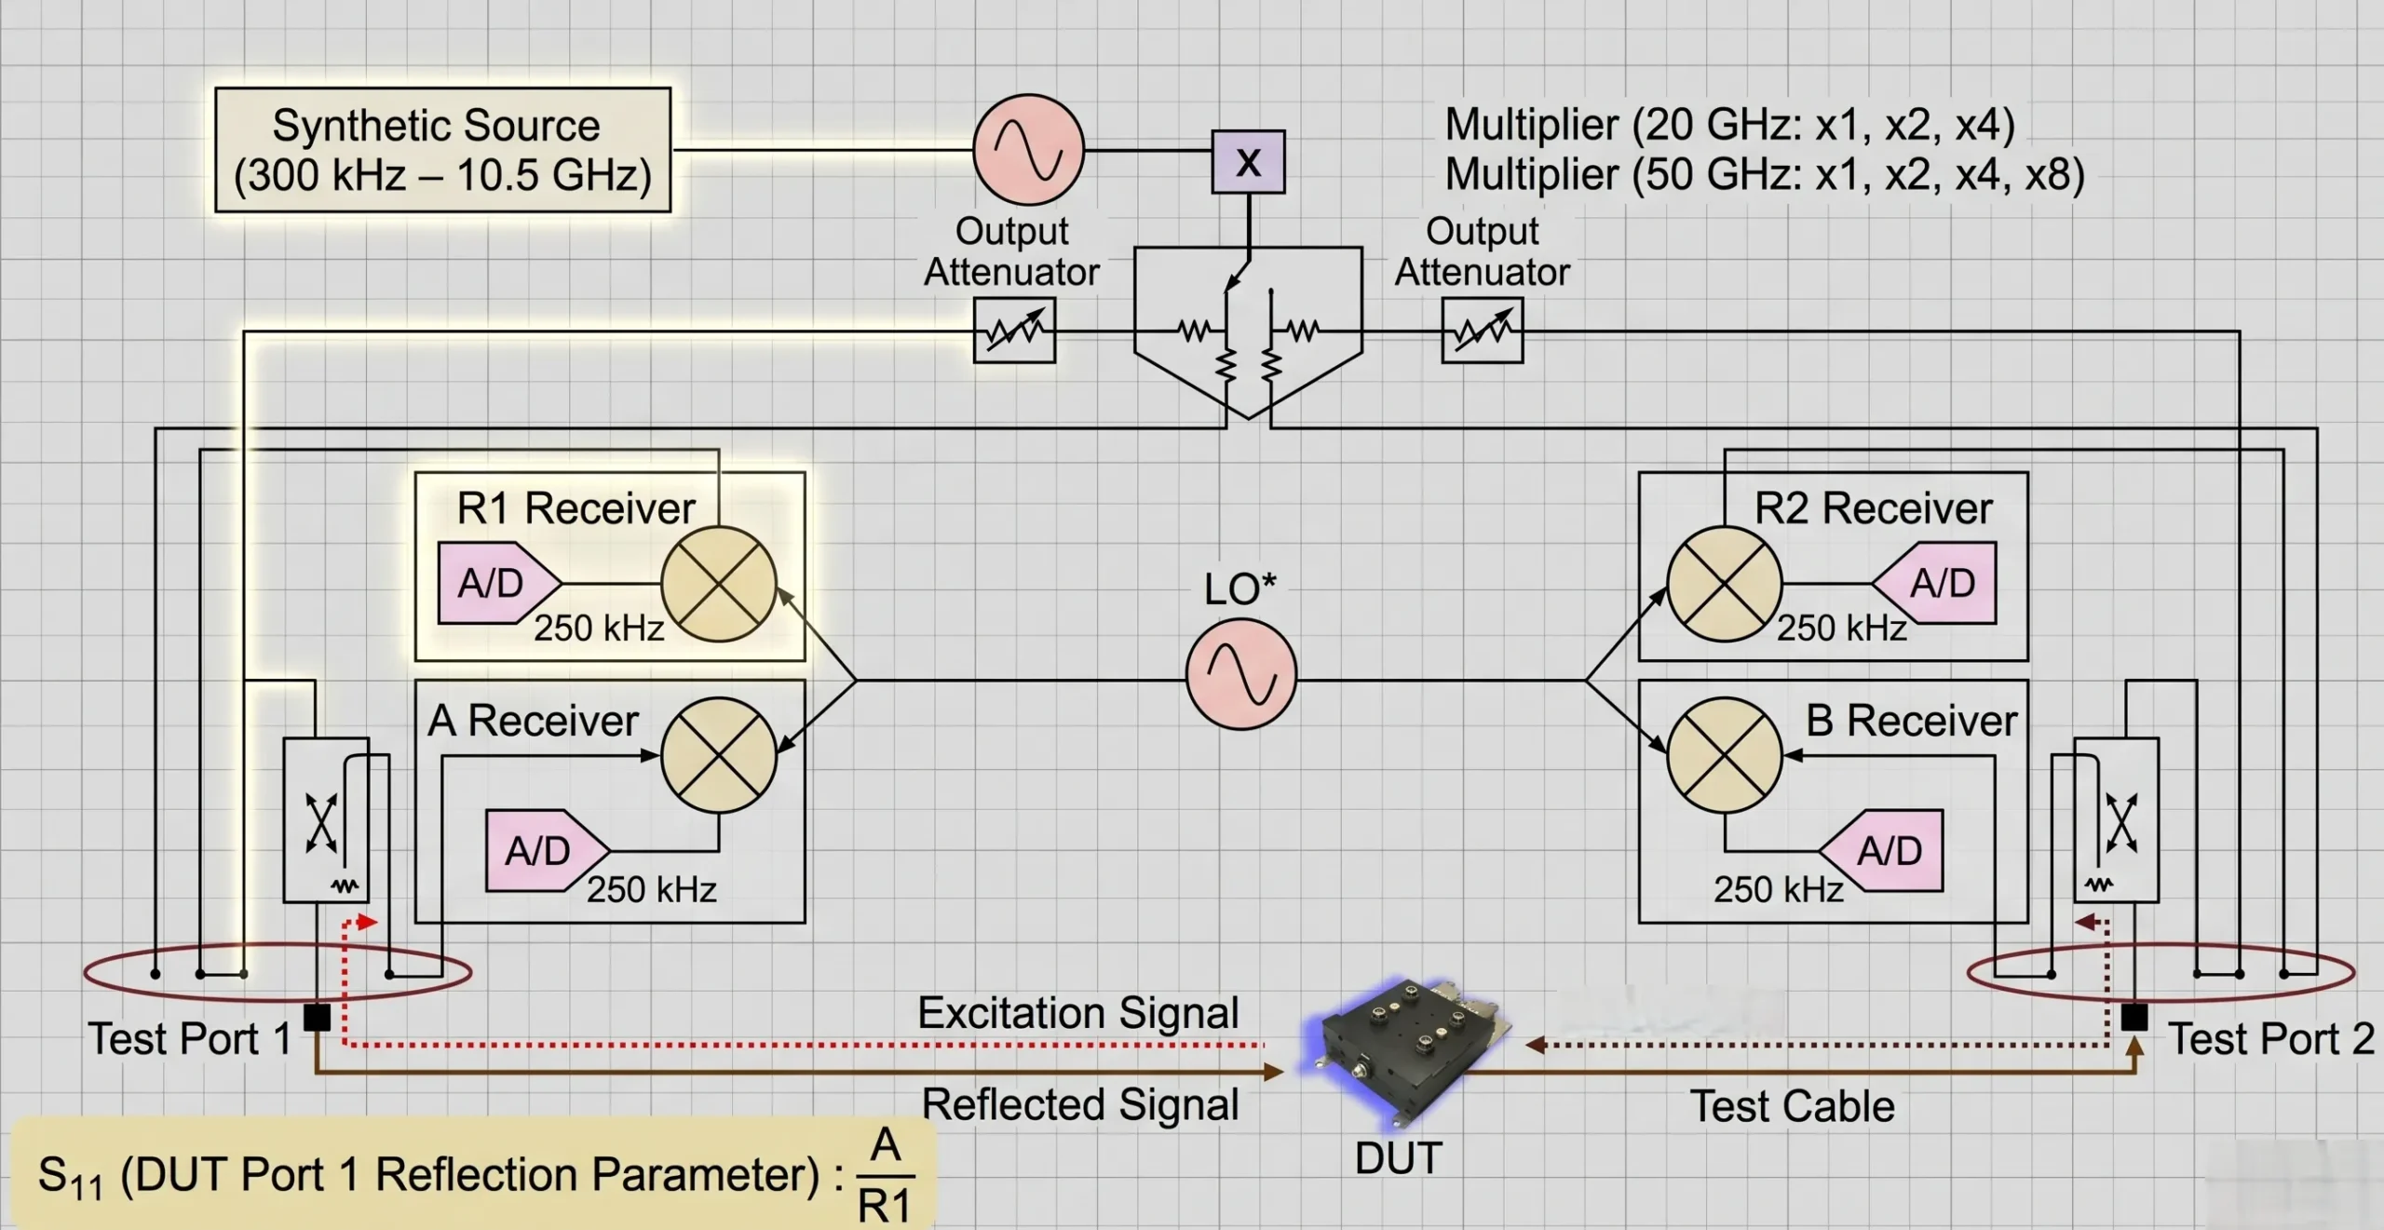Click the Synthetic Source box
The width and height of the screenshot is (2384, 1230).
[x=442, y=150]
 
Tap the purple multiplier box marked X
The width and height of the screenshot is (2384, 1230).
[x=1248, y=162]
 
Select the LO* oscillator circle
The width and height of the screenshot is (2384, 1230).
[x=1240, y=674]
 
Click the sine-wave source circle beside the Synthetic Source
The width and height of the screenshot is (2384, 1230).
[x=1028, y=149]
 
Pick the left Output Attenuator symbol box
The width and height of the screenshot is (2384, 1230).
[x=1014, y=330]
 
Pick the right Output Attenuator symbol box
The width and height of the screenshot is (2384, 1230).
[x=1482, y=330]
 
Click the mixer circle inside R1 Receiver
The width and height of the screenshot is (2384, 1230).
[x=718, y=584]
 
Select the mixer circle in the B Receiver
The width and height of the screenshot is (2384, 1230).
[x=1724, y=754]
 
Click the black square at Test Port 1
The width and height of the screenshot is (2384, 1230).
[x=318, y=1017]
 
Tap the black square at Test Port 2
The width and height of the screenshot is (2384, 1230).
[x=2133, y=1017]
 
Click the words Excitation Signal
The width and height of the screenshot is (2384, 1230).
[x=1077, y=1013]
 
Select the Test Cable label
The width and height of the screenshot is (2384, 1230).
[x=1792, y=1106]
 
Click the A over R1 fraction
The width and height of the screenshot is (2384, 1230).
[x=885, y=1175]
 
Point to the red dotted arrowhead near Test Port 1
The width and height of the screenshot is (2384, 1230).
[x=367, y=922]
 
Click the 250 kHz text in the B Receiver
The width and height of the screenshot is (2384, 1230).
[x=1778, y=889]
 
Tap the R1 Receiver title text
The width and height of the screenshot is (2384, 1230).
[x=576, y=508]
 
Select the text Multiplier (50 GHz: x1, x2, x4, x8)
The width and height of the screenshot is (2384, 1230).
[x=1764, y=175]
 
